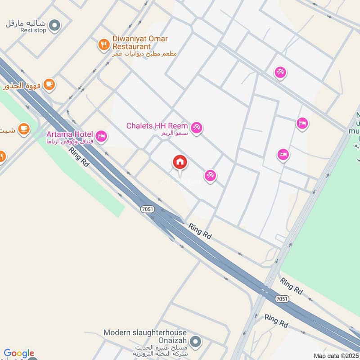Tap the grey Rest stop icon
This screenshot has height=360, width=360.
pos(54,25)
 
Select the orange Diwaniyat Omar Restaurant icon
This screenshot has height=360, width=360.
pos(104,44)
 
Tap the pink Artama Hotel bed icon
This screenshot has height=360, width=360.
pos(101,135)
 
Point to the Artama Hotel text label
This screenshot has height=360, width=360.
pos(70,134)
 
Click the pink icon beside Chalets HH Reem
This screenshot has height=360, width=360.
pos(196,128)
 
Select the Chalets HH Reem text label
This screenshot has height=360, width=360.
pos(157,126)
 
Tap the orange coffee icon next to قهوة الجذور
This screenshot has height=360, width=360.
pos(49,84)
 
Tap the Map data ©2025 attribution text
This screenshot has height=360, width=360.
pos(336,356)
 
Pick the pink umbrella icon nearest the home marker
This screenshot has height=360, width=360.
pos(210,176)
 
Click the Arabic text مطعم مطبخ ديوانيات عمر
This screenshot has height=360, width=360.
pos(144,54)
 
